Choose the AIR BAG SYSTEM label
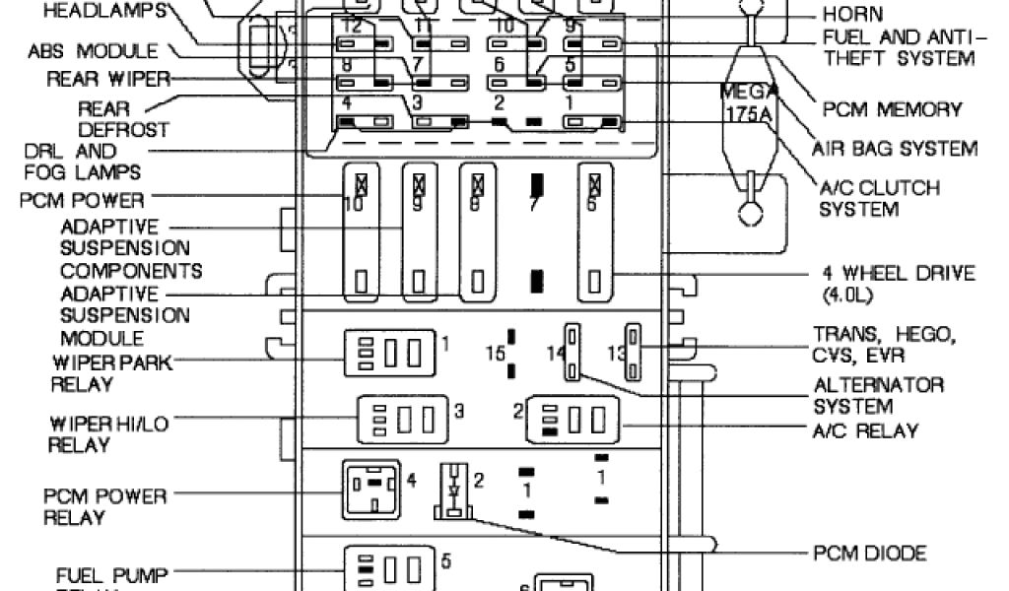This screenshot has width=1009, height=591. click(895, 149)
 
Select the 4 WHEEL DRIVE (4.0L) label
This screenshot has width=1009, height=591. click(898, 283)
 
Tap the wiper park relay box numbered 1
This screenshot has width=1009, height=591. click(388, 353)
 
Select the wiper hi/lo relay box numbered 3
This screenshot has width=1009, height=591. click(401, 417)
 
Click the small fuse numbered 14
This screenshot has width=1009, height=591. click(572, 352)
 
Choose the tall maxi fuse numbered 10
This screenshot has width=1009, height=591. click(362, 232)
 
